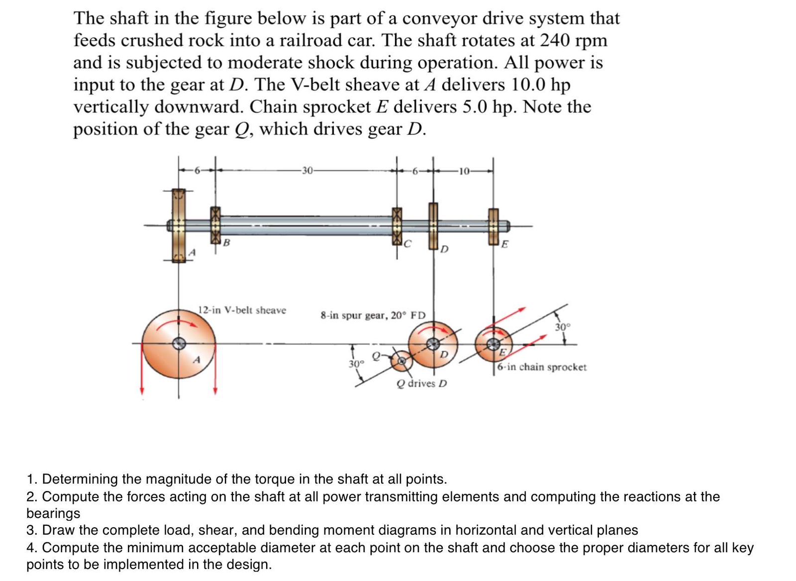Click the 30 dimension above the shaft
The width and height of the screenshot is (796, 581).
point(307,171)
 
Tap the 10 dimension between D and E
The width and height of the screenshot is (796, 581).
point(464,172)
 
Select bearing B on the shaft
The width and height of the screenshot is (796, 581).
point(215,225)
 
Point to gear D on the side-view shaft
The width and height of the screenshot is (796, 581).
point(433,225)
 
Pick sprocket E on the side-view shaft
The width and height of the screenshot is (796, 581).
point(493,226)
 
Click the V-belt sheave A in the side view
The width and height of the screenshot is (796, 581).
point(179,225)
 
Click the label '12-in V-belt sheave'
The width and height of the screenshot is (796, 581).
point(242,310)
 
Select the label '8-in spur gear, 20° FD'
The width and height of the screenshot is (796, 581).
point(373,315)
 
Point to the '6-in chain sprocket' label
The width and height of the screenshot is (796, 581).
point(542,367)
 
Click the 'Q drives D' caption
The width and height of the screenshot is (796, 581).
point(422,384)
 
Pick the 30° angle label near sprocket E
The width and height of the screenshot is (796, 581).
point(562,327)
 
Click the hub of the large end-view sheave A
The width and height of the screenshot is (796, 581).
point(179,343)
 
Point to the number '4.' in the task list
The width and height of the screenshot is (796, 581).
point(31,548)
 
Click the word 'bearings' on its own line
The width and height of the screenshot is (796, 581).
point(53,513)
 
